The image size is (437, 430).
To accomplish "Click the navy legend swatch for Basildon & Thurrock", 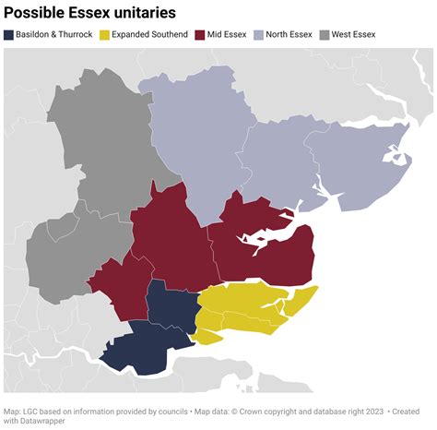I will click(8, 35).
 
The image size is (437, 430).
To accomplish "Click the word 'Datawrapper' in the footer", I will click(40, 422).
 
